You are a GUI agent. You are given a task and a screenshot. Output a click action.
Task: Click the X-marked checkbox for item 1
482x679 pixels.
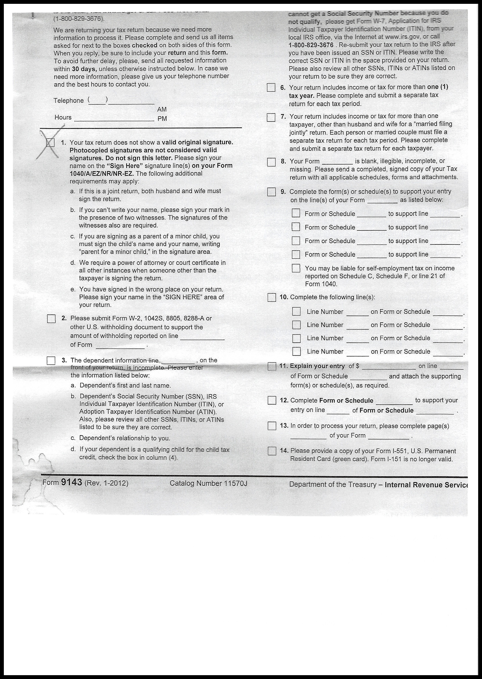(x=50, y=143)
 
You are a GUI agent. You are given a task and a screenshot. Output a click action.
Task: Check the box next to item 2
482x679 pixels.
(x=51, y=319)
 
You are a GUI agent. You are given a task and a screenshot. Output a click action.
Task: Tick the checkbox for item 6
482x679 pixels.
(x=271, y=88)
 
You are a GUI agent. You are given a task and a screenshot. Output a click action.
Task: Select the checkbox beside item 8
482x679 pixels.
(x=271, y=162)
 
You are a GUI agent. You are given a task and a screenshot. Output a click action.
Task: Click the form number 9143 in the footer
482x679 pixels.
(x=72, y=482)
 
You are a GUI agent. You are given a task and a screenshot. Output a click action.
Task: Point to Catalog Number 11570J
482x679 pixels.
(x=208, y=483)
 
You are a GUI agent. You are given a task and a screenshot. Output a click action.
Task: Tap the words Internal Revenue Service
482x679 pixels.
(x=426, y=485)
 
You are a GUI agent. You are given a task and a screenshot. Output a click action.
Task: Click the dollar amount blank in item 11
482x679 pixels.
(x=389, y=367)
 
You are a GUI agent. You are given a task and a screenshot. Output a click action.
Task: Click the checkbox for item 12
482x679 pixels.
(x=272, y=400)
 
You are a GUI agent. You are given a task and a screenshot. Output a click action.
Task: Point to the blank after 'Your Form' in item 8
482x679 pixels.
(x=337, y=162)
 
